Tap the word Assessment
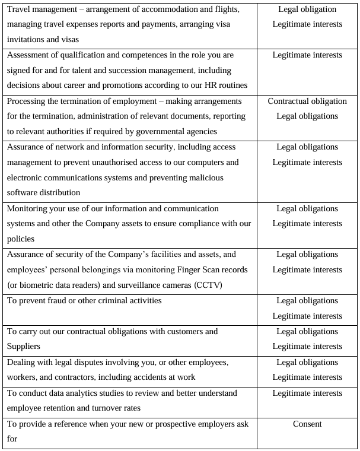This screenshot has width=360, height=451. [30, 55]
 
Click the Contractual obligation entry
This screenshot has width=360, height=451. [307, 101]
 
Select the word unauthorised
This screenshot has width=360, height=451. [116, 162]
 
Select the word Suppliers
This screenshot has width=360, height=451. [26, 347]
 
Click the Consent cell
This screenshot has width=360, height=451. [307, 424]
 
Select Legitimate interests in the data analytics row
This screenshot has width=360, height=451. [307, 393]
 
